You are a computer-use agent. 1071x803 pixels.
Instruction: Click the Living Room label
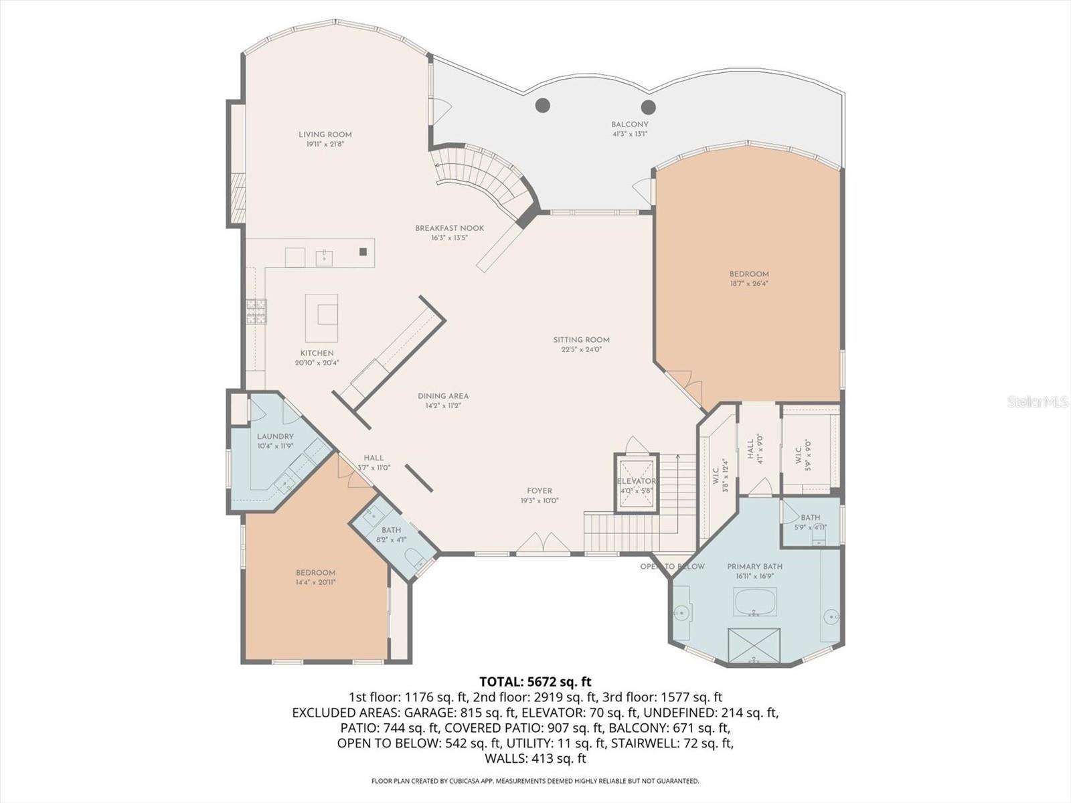point(325,135)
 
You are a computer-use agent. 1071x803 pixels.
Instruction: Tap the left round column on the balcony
point(543,105)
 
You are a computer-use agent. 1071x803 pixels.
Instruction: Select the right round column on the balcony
point(648,106)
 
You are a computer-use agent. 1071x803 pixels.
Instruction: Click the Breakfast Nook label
point(449,228)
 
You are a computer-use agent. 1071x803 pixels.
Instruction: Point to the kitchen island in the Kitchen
point(321,317)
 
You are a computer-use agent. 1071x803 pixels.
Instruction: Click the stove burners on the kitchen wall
point(256,312)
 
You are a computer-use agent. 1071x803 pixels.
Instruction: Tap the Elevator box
point(636,482)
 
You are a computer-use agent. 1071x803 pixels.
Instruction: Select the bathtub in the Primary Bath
point(755,602)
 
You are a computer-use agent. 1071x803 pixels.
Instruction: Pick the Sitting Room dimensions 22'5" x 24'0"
point(581,349)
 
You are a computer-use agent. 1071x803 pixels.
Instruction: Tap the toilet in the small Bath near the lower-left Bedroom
point(413,557)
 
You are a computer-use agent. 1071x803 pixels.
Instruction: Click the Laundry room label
point(275,436)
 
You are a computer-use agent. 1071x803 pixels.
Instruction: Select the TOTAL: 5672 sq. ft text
point(535,682)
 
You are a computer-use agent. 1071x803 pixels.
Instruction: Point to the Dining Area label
point(442,396)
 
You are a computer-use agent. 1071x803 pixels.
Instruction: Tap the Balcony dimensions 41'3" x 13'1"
point(629,134)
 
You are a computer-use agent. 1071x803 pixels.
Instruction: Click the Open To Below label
point(672,567)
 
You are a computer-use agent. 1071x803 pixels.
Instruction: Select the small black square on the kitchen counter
point(363,252)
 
